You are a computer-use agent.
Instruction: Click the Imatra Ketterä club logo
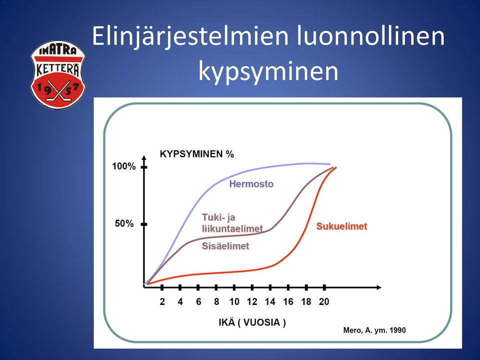click(58, 75)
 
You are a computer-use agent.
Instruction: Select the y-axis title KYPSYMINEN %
click(197, 154)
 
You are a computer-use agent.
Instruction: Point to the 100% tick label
click(123, 166)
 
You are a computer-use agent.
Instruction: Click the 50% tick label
click(124, 224)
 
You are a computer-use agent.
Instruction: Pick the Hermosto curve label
click(251, 184)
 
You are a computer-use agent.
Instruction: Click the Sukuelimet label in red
click(341, 226)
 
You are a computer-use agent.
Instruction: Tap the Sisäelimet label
click(225, 246)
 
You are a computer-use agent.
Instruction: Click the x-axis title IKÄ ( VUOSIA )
click(252, 322)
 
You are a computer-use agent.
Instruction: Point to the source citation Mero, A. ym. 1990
click(374, 330)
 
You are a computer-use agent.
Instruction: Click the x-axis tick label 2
click(162, 302)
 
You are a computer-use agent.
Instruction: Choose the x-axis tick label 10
click(234, 302)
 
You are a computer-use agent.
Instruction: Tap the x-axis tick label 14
click(270, 302)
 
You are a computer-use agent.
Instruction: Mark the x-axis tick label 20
click(324, 302)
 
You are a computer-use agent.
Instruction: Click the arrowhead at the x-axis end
click(379, 287)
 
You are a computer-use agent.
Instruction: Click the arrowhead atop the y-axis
click(144, 158)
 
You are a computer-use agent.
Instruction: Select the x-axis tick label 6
click(198, 302)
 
